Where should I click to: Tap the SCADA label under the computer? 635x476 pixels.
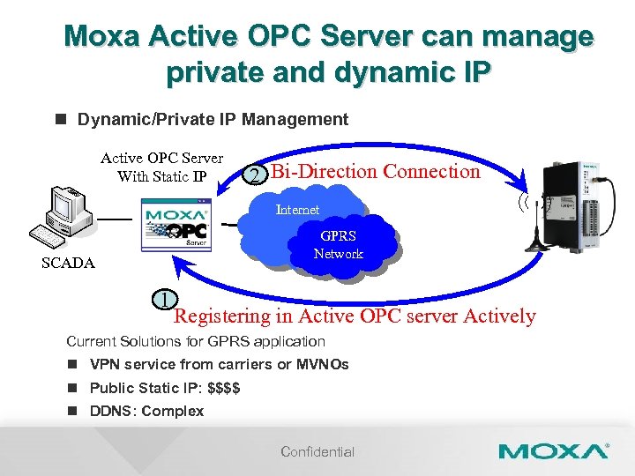[68, 263]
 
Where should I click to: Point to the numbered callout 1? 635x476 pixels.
[165, 299]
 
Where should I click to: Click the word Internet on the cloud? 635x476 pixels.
[297, 210]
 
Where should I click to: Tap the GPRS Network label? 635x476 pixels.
[338, 245]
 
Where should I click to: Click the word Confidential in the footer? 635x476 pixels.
[317, 452]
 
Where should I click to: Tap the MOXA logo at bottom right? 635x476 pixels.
[553, 451]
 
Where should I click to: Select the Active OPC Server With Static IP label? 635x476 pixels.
[161, 167]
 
